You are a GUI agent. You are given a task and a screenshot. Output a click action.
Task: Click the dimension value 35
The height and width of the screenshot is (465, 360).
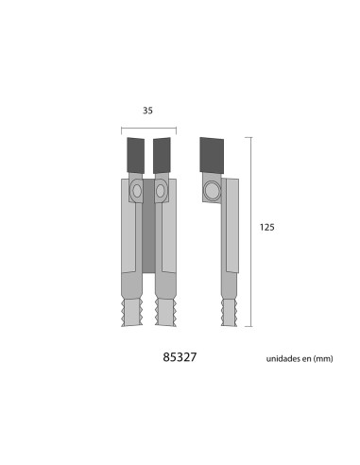point(148,111)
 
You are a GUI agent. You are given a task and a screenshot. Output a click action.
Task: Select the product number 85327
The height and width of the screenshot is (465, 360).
point(180,359)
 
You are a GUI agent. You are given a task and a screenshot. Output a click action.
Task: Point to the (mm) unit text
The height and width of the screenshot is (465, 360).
point(325,360)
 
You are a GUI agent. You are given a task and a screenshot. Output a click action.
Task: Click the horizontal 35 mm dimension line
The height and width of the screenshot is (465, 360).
point(148,128)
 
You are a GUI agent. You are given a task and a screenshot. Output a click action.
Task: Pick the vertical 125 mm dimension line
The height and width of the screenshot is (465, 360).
point(250,232)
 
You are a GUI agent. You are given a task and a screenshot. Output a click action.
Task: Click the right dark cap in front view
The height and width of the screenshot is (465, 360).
point(163,151)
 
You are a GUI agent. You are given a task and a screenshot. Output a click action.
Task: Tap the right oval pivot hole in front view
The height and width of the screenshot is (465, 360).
point(160,192)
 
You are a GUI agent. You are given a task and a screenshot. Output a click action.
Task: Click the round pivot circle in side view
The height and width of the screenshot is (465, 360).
point(212,193)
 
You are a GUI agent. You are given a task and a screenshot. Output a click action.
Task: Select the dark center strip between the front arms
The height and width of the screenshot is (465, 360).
point(149,236)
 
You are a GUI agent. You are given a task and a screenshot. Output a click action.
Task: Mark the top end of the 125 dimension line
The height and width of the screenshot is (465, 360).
point(250,138)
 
